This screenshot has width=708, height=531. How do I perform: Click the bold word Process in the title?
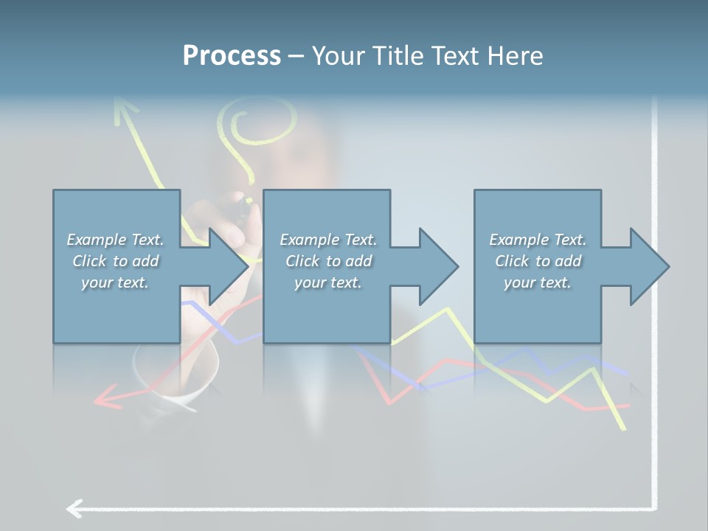pos(232,56)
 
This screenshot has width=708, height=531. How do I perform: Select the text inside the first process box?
pos(116,261)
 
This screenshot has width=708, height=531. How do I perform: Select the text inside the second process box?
pos(327,261)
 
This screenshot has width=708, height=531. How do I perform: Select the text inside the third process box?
pos(538,261)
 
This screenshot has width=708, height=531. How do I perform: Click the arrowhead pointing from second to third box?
pos(440,266)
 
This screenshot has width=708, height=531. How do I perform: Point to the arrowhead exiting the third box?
pos(650,266)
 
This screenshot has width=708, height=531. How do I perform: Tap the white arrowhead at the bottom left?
pos(74,508)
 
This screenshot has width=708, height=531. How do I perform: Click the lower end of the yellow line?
pos(624,427)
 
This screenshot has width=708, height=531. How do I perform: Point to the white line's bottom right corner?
pos(654,507)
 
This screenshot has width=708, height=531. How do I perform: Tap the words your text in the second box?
pos(327,282)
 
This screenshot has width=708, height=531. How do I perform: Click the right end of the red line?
pos(628,405)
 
